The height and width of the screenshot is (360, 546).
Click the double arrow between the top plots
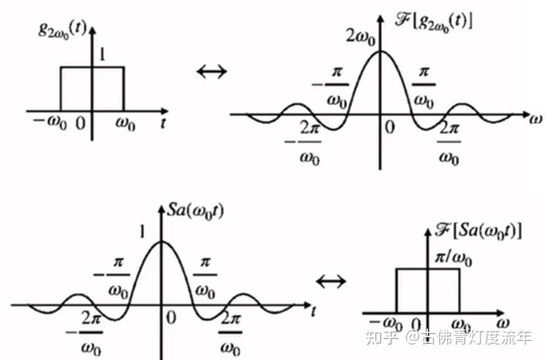pyautogui.click(x=212, y=71)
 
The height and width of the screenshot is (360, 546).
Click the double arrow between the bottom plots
pyautogui.click(x=331, y=281)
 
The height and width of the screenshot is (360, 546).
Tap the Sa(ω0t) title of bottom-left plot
pyautogui.click(x=196, y=211)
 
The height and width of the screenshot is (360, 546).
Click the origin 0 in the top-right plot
pyautogui.click(x=389, y=128)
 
